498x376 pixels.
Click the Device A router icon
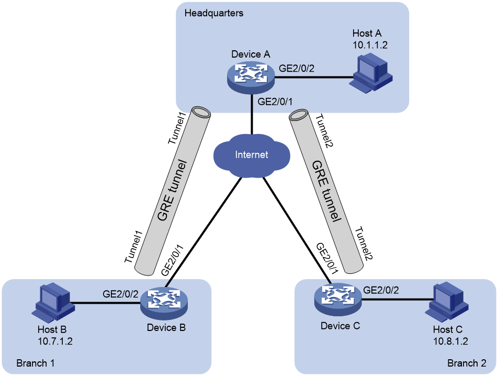[x=251, y=76]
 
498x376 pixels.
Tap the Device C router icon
[x=338, y=299]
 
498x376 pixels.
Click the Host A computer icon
[x=371, y=74]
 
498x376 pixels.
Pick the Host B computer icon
[x=53, y=302]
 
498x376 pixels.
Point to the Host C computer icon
[x=447, y=301]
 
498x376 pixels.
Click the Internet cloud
[x=252, y=156]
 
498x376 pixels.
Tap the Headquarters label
[x=214, y=13]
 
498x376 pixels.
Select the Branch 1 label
[x=35, y=363]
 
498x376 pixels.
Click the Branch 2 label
[x=467, y=363]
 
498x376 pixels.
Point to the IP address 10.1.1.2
[x=370, y=45]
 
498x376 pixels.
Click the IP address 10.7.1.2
[x=55, y=341]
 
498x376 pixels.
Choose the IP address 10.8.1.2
[x=450, y=341]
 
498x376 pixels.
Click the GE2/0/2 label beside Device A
[x=296, y=68]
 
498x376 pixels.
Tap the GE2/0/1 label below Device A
[x=275, y=102]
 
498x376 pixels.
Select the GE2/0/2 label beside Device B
[x=120, y=294]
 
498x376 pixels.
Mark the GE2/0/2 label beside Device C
[x=381, y=290]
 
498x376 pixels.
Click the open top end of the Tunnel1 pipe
[x=201, y=113]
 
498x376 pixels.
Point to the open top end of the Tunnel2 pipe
[x=299, y=115]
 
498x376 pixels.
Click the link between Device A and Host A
[x=314, y=77]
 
